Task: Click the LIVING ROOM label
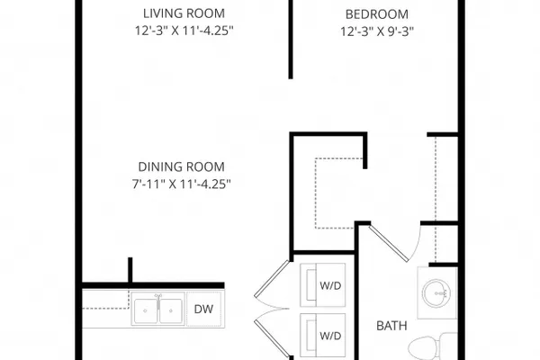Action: [x=184, y=13]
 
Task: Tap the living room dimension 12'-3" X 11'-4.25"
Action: [x=184, y=31]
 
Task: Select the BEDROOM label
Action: [x=377, y=14]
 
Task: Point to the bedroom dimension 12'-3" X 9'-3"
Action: [x=377, y=31]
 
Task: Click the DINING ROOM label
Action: [x=181, y=167]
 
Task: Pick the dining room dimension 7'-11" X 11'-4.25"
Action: [x=181, y=184]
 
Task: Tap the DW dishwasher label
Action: [x=203, y=310]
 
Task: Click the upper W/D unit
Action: [x=323, y=285]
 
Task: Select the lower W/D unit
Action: [x=323, y=335]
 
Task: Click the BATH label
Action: [x=391, y=326]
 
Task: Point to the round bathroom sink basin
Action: [x=436, y=293]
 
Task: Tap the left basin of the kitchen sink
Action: [x=145, y=310]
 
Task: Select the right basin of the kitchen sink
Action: [x=170, y=310]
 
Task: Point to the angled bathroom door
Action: [x=389, y=244]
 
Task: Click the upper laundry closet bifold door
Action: [x=272, y=278]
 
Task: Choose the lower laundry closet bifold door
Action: [x=272, y=338]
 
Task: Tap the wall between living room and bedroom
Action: [x=291, y=40]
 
